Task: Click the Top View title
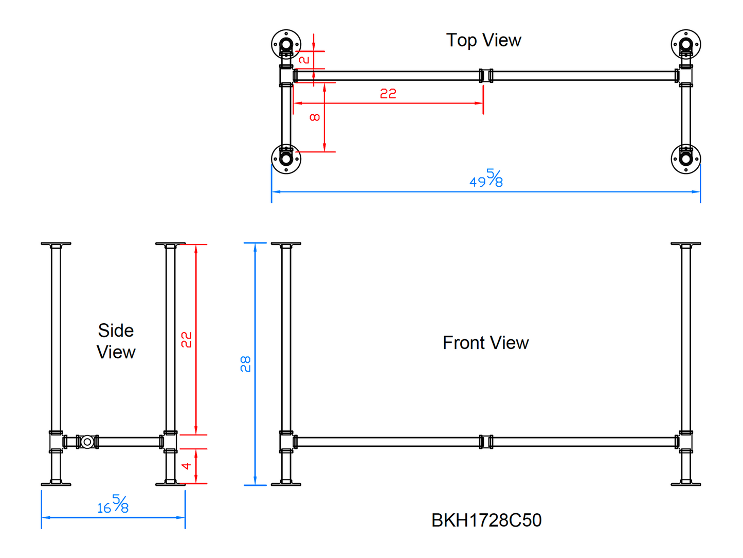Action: click(x=483, y=40)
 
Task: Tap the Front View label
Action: click(x=485, y=343)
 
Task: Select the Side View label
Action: click(x=116, y=341)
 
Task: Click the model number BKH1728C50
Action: click(x=486, y=520)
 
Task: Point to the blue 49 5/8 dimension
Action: click(x=486, y=179)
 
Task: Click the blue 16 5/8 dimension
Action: click(x=113, y=504)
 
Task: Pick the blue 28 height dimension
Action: click(x=246, y=364)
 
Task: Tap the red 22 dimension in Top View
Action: click(x=388, y=94)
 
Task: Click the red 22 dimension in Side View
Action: click(x=186, y=340)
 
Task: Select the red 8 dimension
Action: click(x=315, y=117)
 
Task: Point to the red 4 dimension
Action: click(x=187, y=466)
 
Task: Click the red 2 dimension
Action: click(x=304, y=60)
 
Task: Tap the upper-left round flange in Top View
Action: click(x=286, y=44)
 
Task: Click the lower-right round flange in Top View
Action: click(x=686, y=159)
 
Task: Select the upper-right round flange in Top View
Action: click(x=686, y=44)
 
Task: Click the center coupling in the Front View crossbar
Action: click(x=486, y=442)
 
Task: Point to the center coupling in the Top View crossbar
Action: click(x=486, y=76)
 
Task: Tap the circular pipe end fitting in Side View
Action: click(x=87, y=442)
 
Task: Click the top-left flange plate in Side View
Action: click(x=56, y=244)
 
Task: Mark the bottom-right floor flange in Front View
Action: click(x=686, y=483)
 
